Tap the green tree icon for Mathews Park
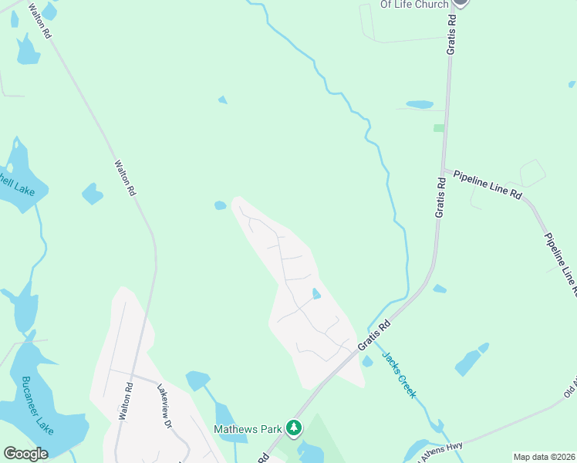point(293,427)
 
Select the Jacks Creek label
point(400,375)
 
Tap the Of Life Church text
point(414,5)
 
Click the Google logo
point(25,454)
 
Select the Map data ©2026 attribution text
point(544,457)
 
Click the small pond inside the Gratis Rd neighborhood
point(316,293)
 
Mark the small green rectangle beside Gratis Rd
point(438,128)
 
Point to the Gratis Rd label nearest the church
point(452,36)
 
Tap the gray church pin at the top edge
point(461,2)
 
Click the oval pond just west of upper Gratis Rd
point(420,104)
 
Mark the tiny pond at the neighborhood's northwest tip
point(221,205)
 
